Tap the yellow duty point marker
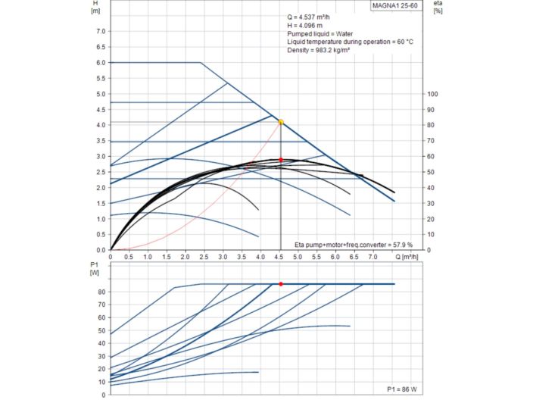(281, 122)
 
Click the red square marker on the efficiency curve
(281, 160)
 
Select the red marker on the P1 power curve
(281, 284)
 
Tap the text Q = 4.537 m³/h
(313, 17)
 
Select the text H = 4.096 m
(307, 26)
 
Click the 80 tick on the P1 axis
(101, 292)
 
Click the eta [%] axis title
(438, 7)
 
